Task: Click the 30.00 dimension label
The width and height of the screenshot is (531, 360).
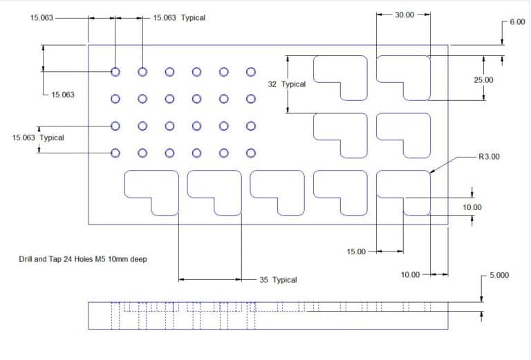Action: (x=404, y=15)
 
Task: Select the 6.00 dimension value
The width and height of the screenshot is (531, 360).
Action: (x=517, y=22)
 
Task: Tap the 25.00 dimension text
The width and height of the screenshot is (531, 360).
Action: (x=483, y=80)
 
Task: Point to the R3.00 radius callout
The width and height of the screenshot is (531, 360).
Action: (x=489, y=157)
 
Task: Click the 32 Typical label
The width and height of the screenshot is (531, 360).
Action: (x=286, y=84)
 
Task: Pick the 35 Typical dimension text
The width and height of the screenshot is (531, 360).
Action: (x=278, y=280)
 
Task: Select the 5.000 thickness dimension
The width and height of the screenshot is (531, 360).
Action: (x=499, y=275)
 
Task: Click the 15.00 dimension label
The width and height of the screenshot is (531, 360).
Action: (x=356, y=252)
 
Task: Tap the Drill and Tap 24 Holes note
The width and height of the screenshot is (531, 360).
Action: (x=83, y=259)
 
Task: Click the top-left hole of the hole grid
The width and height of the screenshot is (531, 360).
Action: (x=115, y=72)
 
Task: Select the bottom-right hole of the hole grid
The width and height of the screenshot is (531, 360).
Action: (x=250, y=153)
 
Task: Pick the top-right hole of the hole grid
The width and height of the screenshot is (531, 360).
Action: (x=250, y=72)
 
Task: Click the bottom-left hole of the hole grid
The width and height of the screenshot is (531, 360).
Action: (x=115, y=153)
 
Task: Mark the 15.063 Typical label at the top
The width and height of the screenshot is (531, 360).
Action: (x=179, y=18)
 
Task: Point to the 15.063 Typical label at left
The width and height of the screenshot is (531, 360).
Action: (x=38, y=138)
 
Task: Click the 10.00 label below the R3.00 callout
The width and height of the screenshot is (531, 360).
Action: (x=472, y=207)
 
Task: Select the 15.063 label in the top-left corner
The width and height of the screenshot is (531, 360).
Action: (x=42, y=18)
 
